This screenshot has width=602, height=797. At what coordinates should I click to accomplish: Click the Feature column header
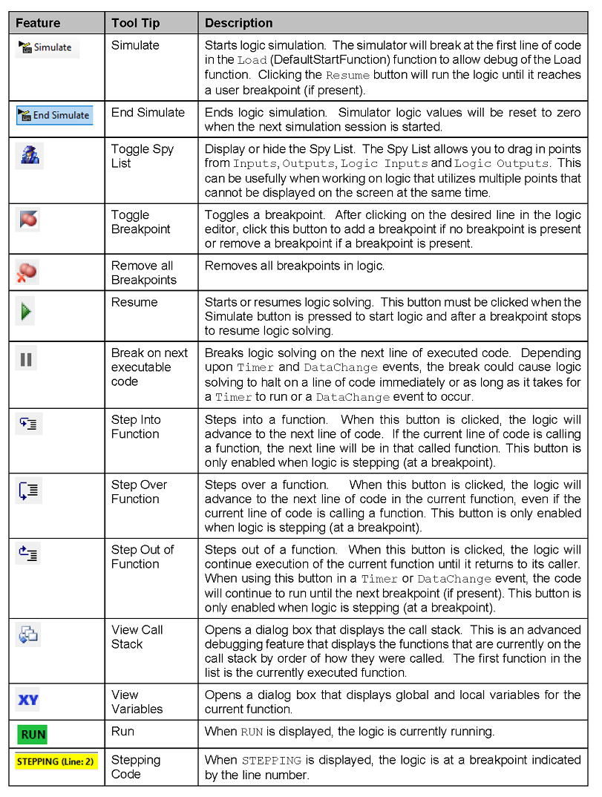(38, 23)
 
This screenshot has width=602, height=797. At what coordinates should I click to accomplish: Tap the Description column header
(239, 23)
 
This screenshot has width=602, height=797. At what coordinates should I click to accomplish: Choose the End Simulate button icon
(54, 115)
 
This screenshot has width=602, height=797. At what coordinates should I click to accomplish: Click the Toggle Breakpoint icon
(29, 220)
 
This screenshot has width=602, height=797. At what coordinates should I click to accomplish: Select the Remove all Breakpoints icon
(27, 272)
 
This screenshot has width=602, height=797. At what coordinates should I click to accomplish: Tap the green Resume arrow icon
(27, 312)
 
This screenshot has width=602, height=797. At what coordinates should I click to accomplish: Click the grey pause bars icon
(27, 360)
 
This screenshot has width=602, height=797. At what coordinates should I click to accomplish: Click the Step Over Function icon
(28, 491)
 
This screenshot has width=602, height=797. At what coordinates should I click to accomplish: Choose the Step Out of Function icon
(28, 554)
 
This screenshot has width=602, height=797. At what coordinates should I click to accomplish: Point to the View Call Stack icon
(28, 634)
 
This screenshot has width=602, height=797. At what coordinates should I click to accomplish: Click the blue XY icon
(28, 700)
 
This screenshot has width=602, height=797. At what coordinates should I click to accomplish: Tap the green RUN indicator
(33, 735)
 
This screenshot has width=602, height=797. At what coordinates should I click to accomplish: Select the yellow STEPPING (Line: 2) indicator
(56, 761)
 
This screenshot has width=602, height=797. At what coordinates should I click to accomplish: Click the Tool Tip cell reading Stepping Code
(136, 767)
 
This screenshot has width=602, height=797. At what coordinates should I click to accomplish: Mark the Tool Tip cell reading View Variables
(137, 701)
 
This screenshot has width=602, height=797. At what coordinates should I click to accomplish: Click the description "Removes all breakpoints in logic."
(294, 266)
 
